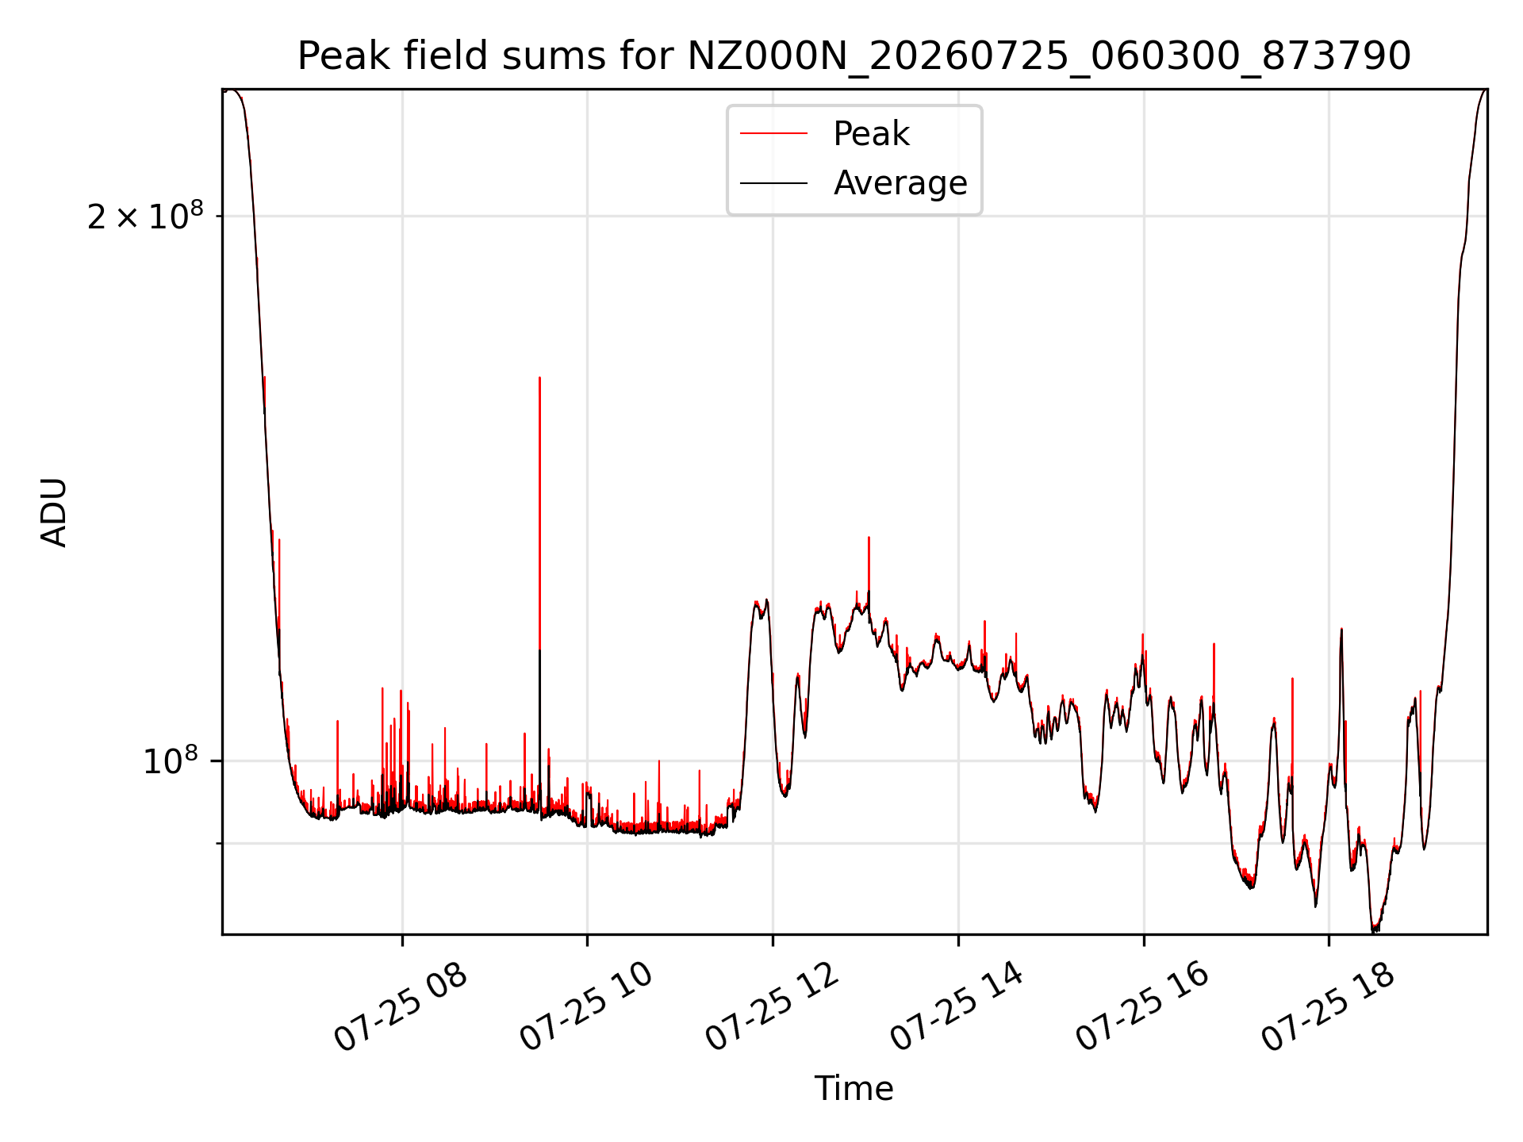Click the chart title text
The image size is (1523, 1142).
[854, 56]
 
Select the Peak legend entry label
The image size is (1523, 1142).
[871, 134]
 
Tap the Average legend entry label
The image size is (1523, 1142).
[900, 183]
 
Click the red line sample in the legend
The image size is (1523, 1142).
[773, 134]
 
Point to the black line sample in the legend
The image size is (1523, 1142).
[773, 183]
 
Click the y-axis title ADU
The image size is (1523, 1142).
[54, 512]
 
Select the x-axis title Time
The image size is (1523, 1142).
[854, 1089]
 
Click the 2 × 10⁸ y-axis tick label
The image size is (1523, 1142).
[145, 215]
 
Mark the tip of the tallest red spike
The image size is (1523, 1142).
[539, 377]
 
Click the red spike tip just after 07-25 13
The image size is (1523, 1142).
[869, 538]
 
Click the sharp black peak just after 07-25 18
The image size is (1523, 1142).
[1341, 629]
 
